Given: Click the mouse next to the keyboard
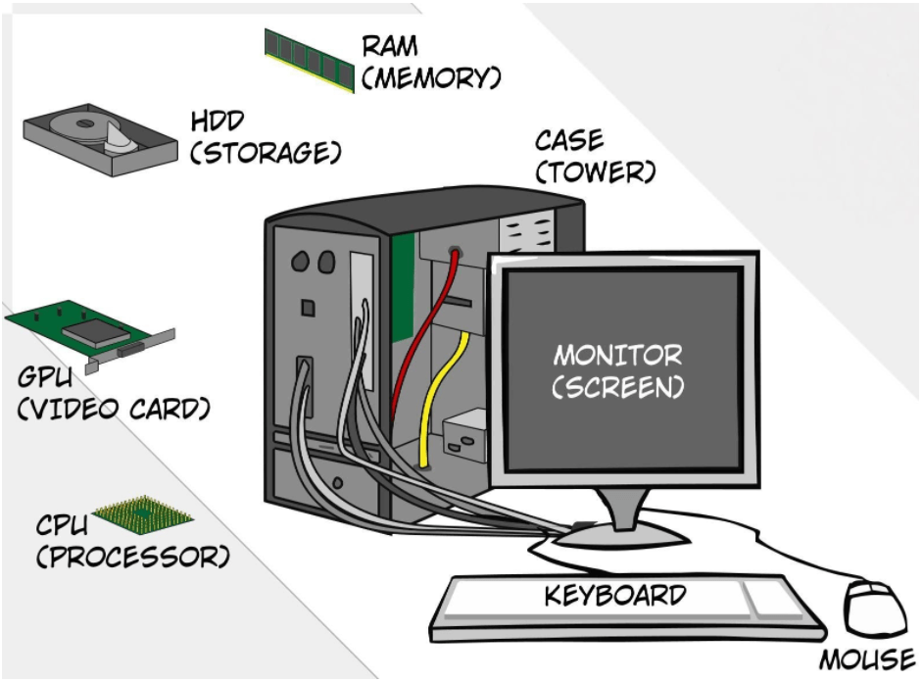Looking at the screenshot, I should [877, 608].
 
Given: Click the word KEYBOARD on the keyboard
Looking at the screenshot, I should [615, 595].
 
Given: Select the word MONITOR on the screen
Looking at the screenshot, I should [617, 355].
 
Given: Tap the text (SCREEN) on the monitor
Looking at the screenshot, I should [617, 387].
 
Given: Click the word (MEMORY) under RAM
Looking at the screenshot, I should [431, 77].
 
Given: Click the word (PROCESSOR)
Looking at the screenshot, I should [132, 558].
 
